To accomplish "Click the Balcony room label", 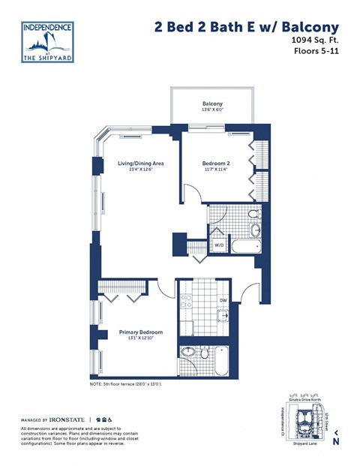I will pyautogui.click(x=212, y=104).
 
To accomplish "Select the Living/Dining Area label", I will pyautogui.click(x=140, y=163).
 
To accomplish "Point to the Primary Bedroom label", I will pyautogui.click(x=141, y=332).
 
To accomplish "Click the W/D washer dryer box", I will pyautogui.click(x=219, y=245).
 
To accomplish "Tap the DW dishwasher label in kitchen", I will pyautogui.click(x=223, y=301).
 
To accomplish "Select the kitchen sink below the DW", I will pyautogui.click(x=224, y=318).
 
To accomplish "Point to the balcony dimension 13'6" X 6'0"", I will pyautogui.click(x=212, y=111).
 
